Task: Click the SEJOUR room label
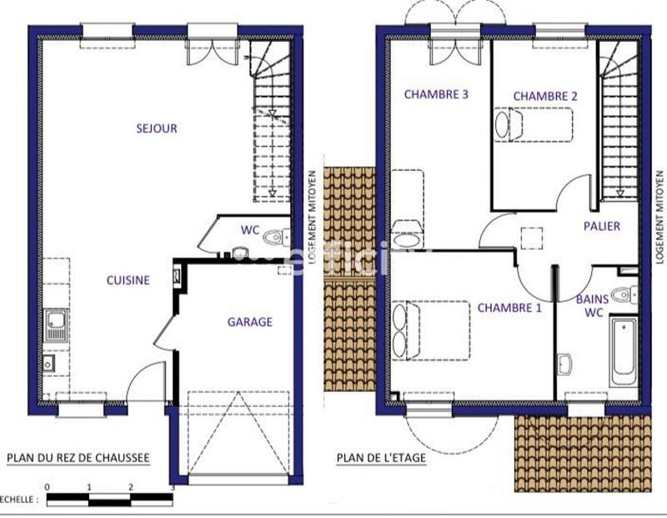tap(157, 128)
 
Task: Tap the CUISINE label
tap(128, 280)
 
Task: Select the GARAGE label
tap(249, 322)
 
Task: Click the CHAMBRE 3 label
tap(436, 94)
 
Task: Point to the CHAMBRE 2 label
tap(545, 96)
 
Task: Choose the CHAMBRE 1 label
tap(509, 308)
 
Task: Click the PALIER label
tap(601, 226)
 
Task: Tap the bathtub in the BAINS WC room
tap(623, 350)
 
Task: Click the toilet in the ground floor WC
tap(274, 238)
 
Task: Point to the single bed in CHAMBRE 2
tap(534, 125)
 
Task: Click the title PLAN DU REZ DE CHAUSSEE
tap(78, 458)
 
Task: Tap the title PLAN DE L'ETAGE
tap(381, 458)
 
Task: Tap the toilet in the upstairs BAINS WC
tap(623, 294)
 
